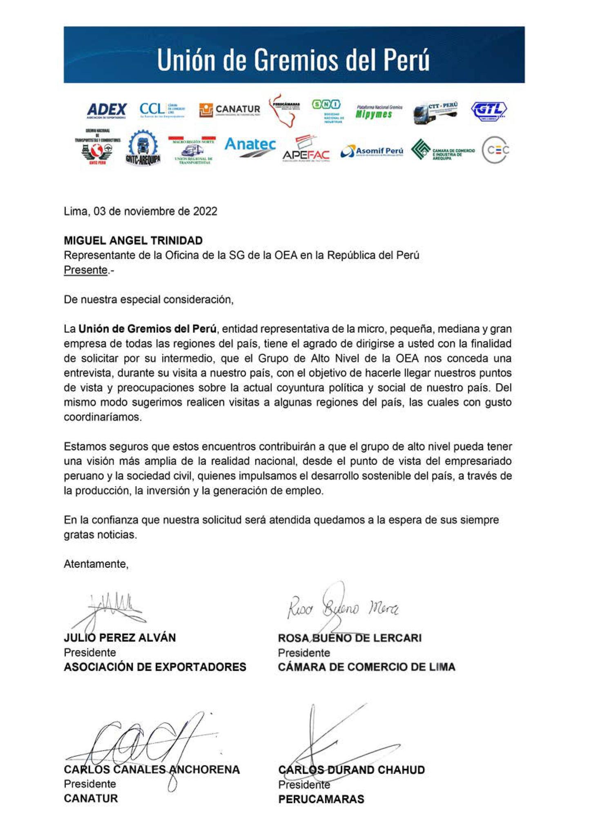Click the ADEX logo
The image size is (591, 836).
[x=107, y=110]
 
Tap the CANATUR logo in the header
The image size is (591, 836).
[x=230, y=110]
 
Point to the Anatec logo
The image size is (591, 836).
[x=250, y=147]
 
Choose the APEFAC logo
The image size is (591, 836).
[x=306, y=150]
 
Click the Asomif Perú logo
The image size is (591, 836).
[x=372, y=151]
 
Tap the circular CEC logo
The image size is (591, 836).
[x=495, y=150]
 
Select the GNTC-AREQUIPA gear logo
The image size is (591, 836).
[x=143, y=148]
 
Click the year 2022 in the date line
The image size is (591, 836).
[x=205, y=211]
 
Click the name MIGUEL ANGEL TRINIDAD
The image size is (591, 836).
[x=133, y=240]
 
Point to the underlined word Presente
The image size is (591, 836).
[x=85, y=270]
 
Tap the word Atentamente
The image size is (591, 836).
[x=96, y=564]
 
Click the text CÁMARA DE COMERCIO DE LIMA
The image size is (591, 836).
[x=366, y=667]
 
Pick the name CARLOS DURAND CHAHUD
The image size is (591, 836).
[x=352, y=770]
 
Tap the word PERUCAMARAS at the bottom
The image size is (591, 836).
[x=321, y=799]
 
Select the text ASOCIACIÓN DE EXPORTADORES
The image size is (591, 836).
[x=155, y=667]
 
